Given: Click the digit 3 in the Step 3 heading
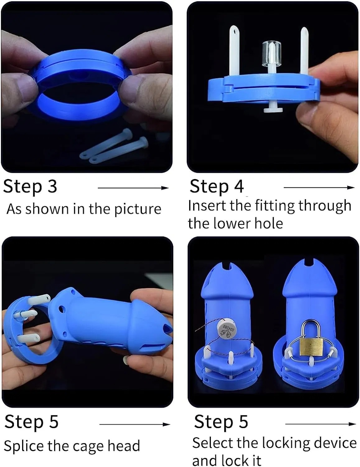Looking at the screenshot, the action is [52, 186].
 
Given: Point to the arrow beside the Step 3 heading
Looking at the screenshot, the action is [133, 188].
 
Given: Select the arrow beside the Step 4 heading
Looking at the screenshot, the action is [319, 188].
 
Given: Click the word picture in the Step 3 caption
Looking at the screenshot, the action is [138, 209].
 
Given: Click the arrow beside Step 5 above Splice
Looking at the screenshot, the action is [135, 424].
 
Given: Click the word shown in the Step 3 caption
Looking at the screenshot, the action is [47, 209].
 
